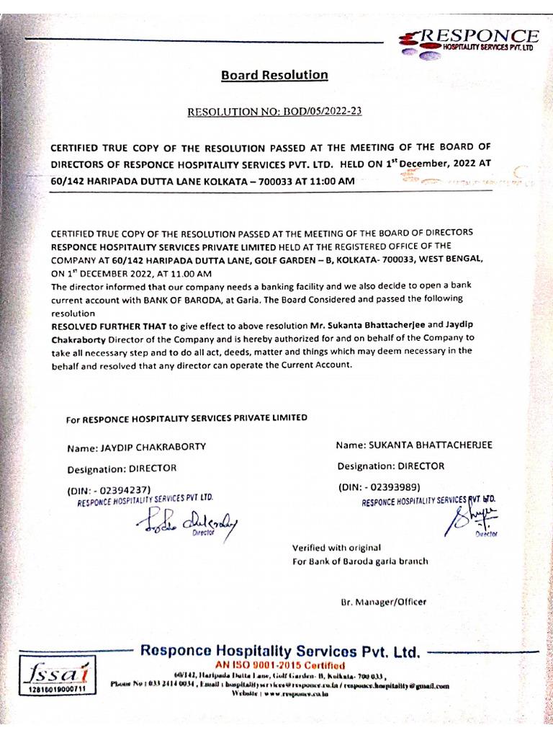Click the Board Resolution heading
pyautogui.click(x=274, y=75)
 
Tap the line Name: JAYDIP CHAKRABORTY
pyautogui.click(x=136, y=447)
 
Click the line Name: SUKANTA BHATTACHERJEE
pyautogui.click(x=414, y=445)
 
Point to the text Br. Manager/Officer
pyautogui.click(x=383, y=601)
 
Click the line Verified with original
pyautogui.click(x=336, y=548)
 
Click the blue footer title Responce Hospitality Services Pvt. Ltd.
pyautogui.click(x=279, y=652)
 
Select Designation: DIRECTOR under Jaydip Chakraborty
pyautogui.click(x=122, y=468)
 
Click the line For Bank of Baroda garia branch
pyautogui.click(x=359, y=561)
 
